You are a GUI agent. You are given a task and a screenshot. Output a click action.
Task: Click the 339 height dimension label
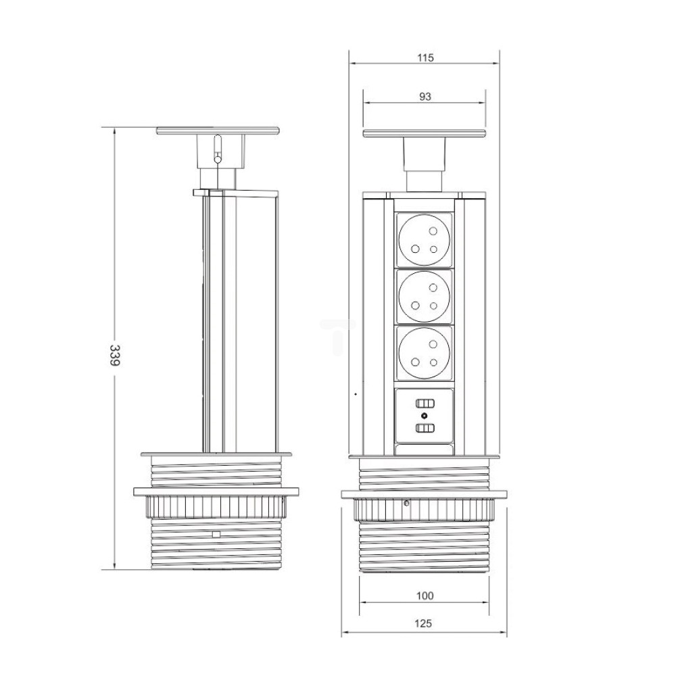(114, 356)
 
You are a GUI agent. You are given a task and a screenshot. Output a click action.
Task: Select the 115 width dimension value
(425, 57)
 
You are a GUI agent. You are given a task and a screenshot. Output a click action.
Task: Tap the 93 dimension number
(425, 97)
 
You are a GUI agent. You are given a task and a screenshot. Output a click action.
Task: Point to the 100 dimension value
(425, 596)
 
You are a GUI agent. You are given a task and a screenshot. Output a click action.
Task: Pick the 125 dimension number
(423, 623)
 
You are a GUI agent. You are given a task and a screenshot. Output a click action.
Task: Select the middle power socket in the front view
(425, 296)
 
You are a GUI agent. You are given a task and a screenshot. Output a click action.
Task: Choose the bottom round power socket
(425, 353)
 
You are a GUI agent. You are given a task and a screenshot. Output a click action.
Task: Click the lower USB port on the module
(425, 428)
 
